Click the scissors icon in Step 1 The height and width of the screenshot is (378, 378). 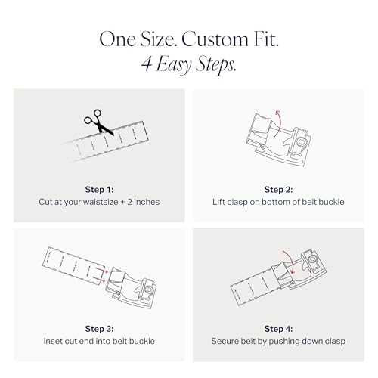point(98,122)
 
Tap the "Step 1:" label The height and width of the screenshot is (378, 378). point(99,190)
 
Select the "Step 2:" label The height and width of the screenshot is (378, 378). point(278,190)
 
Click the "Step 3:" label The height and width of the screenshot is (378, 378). point(99,329)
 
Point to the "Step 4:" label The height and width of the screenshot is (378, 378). point(278,329)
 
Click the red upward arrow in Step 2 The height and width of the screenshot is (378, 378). point(279,123)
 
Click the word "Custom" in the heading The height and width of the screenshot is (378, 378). point(215,39)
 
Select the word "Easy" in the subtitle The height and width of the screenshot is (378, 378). point(174,64)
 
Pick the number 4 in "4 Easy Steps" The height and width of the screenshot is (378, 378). point(147,64)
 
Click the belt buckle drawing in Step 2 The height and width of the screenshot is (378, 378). point(278,139)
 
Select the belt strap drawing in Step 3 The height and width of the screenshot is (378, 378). point(73,266)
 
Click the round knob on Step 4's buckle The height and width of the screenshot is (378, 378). point(313,259)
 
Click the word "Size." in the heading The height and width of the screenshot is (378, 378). point(159,39)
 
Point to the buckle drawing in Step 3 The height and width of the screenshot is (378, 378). point(131,288)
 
